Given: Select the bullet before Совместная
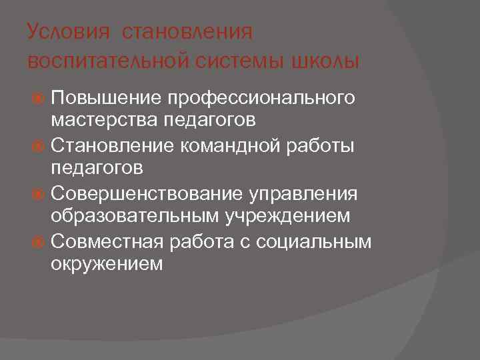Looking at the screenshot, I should click(39, 241).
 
